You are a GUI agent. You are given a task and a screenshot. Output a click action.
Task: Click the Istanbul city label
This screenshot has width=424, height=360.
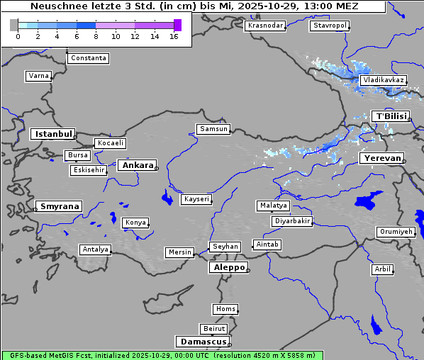(x=52, y=134)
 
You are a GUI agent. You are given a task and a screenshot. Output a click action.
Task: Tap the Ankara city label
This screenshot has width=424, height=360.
(x=138, y=165)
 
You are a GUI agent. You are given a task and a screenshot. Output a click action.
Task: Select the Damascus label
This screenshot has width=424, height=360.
(x=202, y=342)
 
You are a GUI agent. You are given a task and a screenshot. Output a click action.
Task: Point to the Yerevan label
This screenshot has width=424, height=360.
(x=381, y=158)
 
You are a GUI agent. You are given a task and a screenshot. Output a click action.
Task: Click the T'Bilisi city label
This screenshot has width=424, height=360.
(x=391, y=116)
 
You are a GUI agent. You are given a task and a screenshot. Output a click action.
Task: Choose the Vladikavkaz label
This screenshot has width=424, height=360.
(x=383, y=80)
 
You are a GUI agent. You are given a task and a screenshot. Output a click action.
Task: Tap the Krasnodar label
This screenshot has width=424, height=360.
(x=265, y=26)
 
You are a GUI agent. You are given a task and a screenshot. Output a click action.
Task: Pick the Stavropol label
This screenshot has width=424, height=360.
(x=330, y=26)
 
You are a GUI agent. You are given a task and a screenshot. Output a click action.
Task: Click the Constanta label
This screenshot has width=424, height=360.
(x=89, y=58)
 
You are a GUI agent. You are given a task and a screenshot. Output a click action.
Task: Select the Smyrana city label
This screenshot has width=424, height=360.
(x=59, y=206)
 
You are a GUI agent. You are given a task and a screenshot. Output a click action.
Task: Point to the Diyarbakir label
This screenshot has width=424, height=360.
(x=292, y=221)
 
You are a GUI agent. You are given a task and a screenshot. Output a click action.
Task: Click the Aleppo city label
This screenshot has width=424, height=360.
(x=228, y=267)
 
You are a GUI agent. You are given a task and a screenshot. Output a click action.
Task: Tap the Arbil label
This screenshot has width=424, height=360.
(x=382, y=269)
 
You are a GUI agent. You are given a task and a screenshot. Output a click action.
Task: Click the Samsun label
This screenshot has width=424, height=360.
(x=213, y=129)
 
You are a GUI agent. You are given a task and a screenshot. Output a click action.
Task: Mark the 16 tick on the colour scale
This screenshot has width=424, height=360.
(x=174, y=36)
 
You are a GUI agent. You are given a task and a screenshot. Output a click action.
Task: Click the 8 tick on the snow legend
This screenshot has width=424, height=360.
(x=96, y=36)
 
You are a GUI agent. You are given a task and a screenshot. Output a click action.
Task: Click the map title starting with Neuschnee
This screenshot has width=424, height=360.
(x=194, y=6)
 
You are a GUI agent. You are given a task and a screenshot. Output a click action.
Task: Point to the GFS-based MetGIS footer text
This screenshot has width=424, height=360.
(x=162, y=355)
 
